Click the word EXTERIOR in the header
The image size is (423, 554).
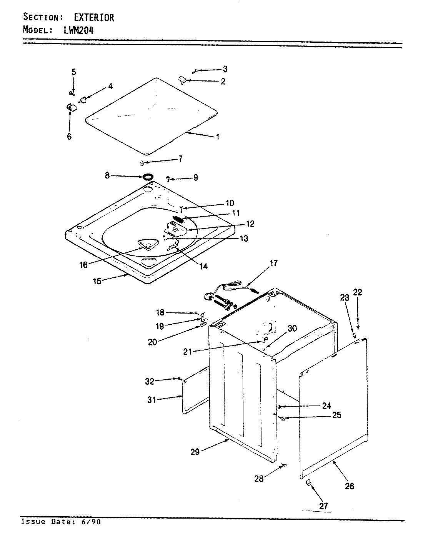coord(94,17)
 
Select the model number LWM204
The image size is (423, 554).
coord(78,30)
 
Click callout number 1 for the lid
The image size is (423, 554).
coord(218,137)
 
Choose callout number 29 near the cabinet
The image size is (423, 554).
coord(195,452)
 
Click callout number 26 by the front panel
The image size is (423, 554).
coord(349,486)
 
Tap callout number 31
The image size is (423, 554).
coord(152,400)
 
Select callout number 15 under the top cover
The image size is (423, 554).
coord(97,281)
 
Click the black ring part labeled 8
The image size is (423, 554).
coord(147,177)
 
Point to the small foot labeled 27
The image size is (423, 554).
coord(308,483)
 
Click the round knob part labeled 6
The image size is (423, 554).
coord(70,107)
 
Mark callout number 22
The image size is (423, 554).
coord(358,292)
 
